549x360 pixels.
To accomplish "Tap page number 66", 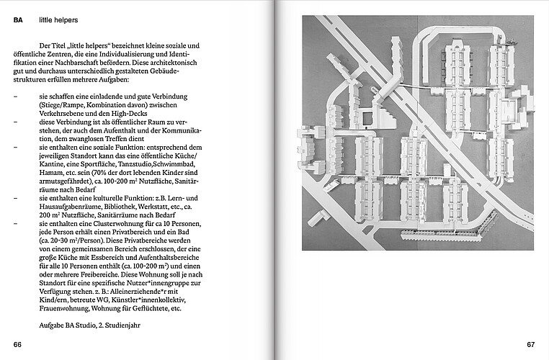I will pyautogui.click(x=18, y=344).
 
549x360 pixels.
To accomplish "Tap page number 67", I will pyautogui.click(x=531, y=344).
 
